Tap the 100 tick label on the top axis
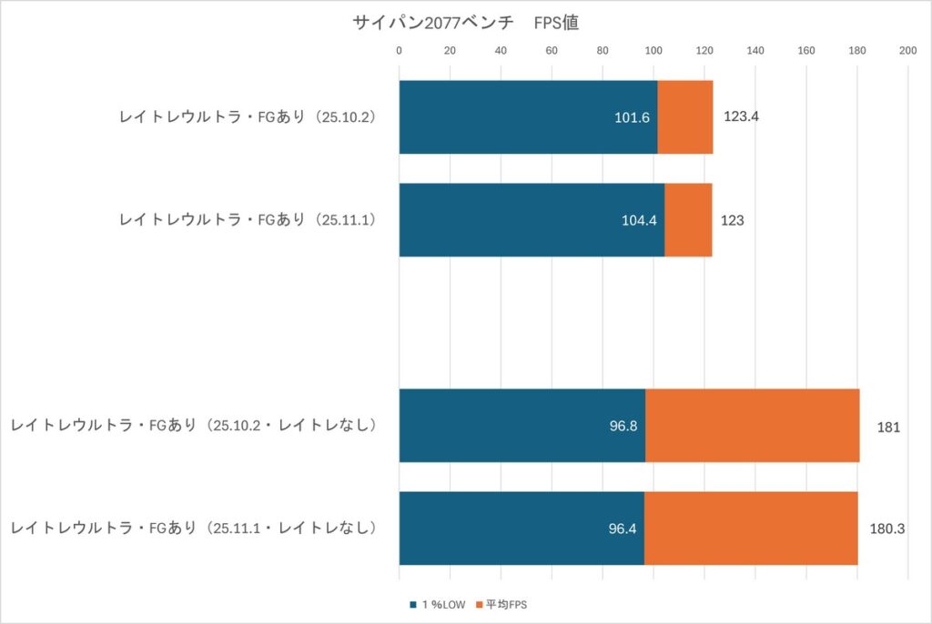pyautogui.click(x=653, y=50)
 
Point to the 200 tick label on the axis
pyautogui.click(x=907, y=50)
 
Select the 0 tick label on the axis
pyautogui.click(x=399, y=50)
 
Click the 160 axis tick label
pyautogui.click(x=805, y=50)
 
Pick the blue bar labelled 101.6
pyautogui.click(x=528, y=116)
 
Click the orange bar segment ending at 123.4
pyautogui.click(x=685, y=116)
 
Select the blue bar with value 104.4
pyautogui.click(x=532, y=219)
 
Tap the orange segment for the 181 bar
pyautogui.click(x=752, y=425)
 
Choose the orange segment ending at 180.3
pyautogui.click(x=750, y=528)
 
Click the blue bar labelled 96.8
pyautogui.click(x=522, y=425)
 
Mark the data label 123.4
pyautogui.click(x=741, y=117)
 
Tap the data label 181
pyautogui.click(x=887, y=426)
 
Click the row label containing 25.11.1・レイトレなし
pyautogui.click(x=193, y=528)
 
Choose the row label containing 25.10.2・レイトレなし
pyautogui.click(x=193, y=426)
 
